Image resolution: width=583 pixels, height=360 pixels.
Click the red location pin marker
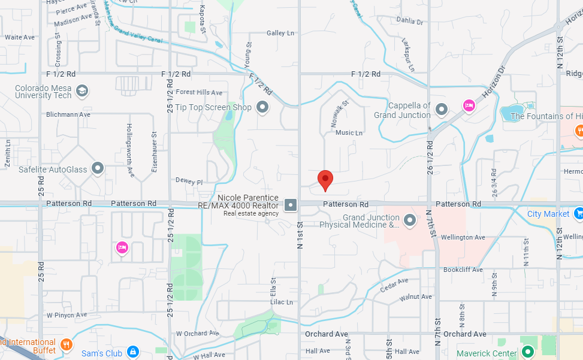325,179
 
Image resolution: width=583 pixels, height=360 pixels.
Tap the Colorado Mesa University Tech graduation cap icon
82,90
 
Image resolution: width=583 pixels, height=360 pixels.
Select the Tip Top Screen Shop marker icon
262,108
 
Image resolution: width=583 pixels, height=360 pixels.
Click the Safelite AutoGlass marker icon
98,170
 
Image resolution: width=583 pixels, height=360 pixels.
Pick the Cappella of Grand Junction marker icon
442,110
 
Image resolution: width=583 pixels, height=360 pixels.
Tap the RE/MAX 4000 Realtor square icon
291,205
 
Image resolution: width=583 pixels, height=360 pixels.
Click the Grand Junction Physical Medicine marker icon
410,221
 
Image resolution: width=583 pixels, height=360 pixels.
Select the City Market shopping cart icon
578,213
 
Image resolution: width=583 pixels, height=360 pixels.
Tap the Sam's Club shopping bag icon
133,353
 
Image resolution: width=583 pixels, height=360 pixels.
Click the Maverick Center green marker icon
527,353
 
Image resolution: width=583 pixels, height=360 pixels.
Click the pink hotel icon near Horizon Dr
469,106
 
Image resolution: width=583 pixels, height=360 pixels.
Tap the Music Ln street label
349,132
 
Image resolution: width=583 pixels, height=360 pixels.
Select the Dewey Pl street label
189,180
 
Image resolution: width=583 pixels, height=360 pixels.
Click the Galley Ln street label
280,33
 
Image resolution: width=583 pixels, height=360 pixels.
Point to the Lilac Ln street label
281,302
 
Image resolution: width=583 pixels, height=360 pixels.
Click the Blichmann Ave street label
68,114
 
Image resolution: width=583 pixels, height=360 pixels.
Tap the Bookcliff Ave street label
463,270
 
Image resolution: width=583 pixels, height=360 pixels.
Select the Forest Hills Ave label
199,92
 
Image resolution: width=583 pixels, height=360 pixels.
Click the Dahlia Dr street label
410,22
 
